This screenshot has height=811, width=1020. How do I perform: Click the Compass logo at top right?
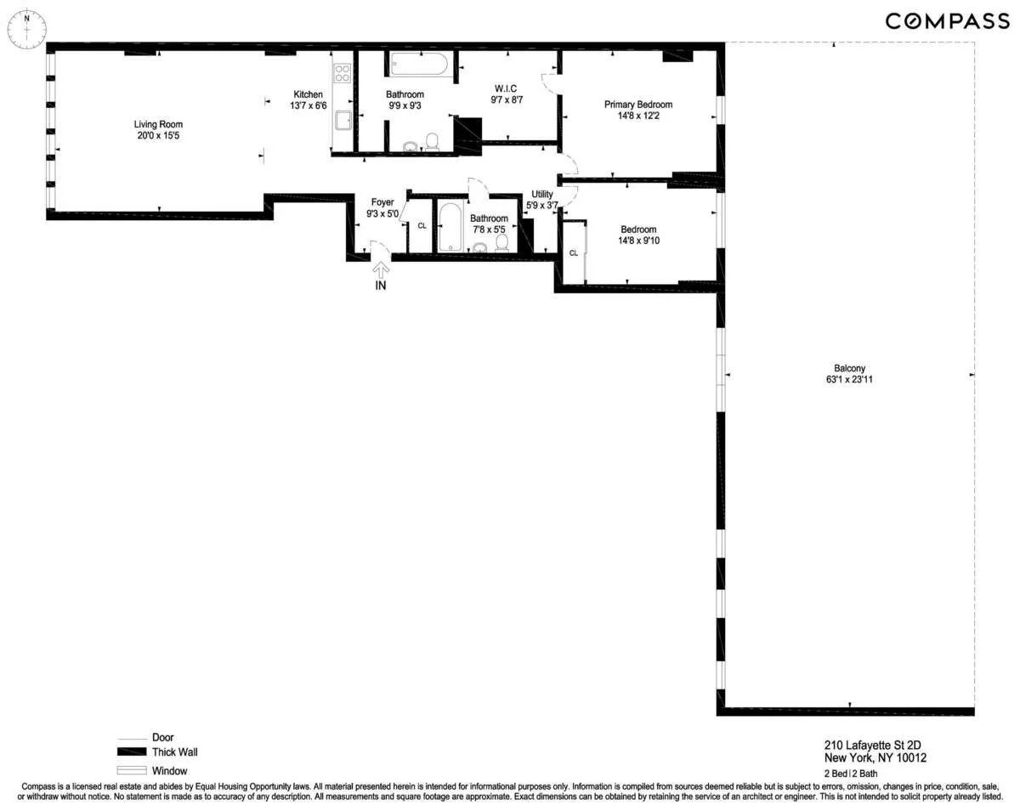click(947, 21)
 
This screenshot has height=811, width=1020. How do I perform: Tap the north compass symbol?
click(27, 28)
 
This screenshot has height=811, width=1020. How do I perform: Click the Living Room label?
click(158, 124)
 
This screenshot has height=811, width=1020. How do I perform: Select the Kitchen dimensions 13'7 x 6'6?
click(308, 105)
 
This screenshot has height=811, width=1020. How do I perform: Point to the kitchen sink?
click(343, 121)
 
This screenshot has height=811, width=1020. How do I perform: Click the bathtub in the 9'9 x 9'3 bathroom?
click(421, 65)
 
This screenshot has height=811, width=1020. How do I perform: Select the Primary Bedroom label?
click(637, 105)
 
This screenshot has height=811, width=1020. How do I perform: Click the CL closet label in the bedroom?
click(574, 252)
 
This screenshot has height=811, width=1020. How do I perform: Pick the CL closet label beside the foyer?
click(422, 225)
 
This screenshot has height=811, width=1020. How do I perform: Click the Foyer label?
click(382, 202)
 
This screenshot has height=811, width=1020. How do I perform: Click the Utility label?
click(541, 195)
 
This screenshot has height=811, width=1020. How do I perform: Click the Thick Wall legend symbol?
click(132, 753)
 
